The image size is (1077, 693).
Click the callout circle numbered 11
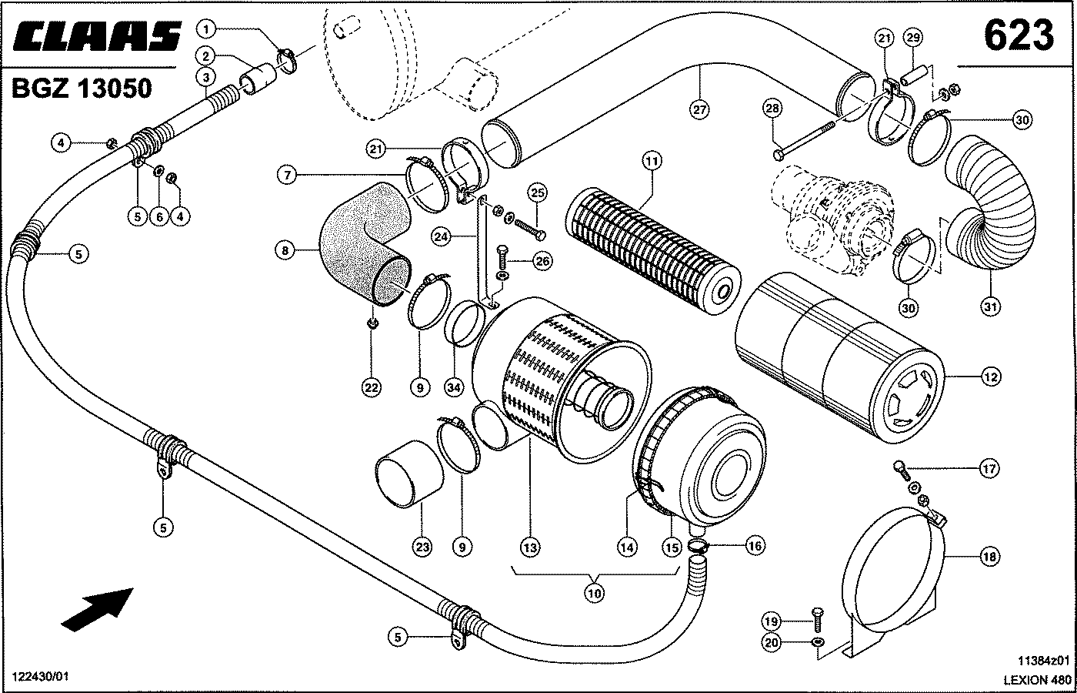coord(652,162)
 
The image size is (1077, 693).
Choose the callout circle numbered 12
coord(990,377)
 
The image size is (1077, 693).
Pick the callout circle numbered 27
coord(699,109)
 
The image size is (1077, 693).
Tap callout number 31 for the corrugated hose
coord(990,306)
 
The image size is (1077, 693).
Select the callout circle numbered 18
coord(989,556)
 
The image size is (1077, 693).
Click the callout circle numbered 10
coord(595,593)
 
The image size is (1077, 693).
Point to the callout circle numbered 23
coord(422,547)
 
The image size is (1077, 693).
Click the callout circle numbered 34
coord(454,388)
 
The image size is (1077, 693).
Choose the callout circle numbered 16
coord(755,545)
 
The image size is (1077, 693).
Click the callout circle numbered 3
coord(205,77)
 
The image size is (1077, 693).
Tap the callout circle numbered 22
coord(372,388)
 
